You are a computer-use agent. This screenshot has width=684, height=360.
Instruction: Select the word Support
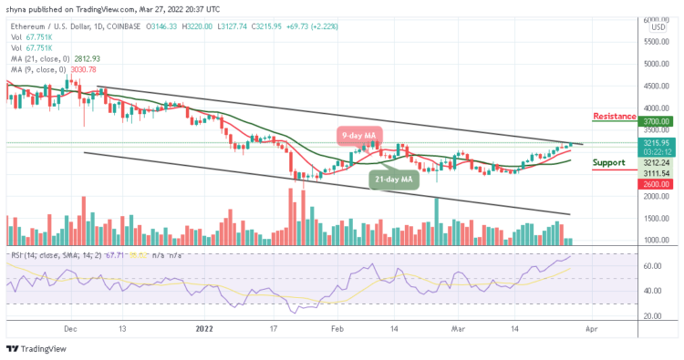[608, 163]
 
